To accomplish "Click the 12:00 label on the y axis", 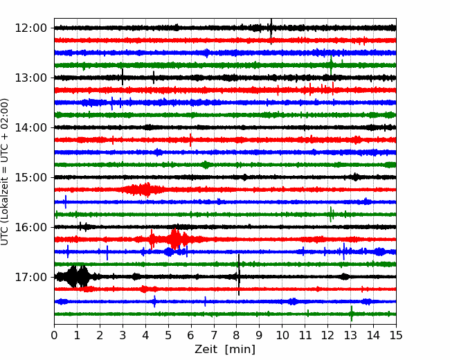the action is pyautogui.click(x=30, y=28).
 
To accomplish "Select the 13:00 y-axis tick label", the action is pyautogui.click(x=30, y=78).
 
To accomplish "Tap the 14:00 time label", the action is pyautogui.click(x=30, y=127).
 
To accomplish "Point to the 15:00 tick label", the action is pyautogui.click(x=30, y=177).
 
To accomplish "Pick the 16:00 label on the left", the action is pyautogui.click(x=30, y=227).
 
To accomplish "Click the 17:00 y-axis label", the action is pyautogui.click(x=30, y=277).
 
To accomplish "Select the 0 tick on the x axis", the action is pyautogui.click(x=54, y=335).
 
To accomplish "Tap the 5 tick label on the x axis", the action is pyautogui.click(x=168, y=335).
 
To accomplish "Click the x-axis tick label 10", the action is pyautogui.click(x=282, y=335).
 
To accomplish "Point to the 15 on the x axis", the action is pyautogui.click(x=396, y=335).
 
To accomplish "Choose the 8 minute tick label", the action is pyautogui.click(x=237, y=335).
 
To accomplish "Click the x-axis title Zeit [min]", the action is pyautogui.click(x=225, y=350).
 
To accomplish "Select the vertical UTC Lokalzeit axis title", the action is pyautogui.click(x=4, y=172).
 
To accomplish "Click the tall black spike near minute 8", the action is pyautogui.click(x=239, y=275).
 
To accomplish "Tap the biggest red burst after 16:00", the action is pyautogui.click(x=174, y=239).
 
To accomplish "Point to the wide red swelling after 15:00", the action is pyautogui.click(x=143, y=190).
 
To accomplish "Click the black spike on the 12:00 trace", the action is pyautogui.click(x=271, y=28).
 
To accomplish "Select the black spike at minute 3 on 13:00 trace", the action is pyautogui.click(x=123, y=77).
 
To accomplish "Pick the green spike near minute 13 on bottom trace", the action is pyautogui.click(x=352, y=314).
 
